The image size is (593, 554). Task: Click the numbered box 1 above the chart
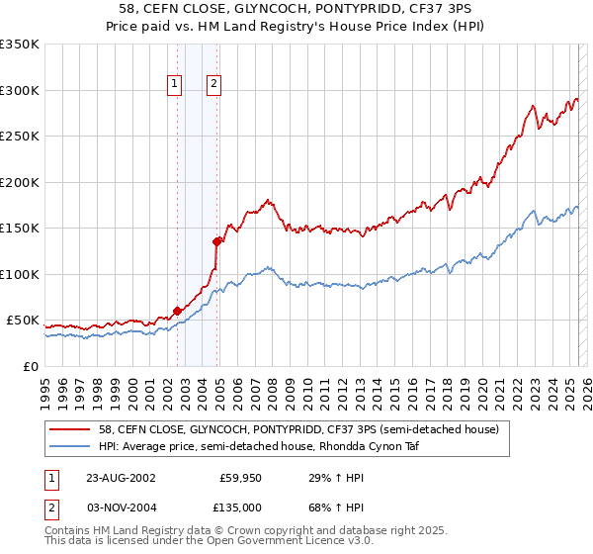click(174, 85)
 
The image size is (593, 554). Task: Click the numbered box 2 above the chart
click(212, 85)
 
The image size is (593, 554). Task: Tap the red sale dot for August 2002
click(178, 311)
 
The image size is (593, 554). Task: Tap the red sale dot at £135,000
click(216, 240)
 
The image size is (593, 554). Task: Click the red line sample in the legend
click(72, 428)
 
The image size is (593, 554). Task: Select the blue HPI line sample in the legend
click(72, 446)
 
